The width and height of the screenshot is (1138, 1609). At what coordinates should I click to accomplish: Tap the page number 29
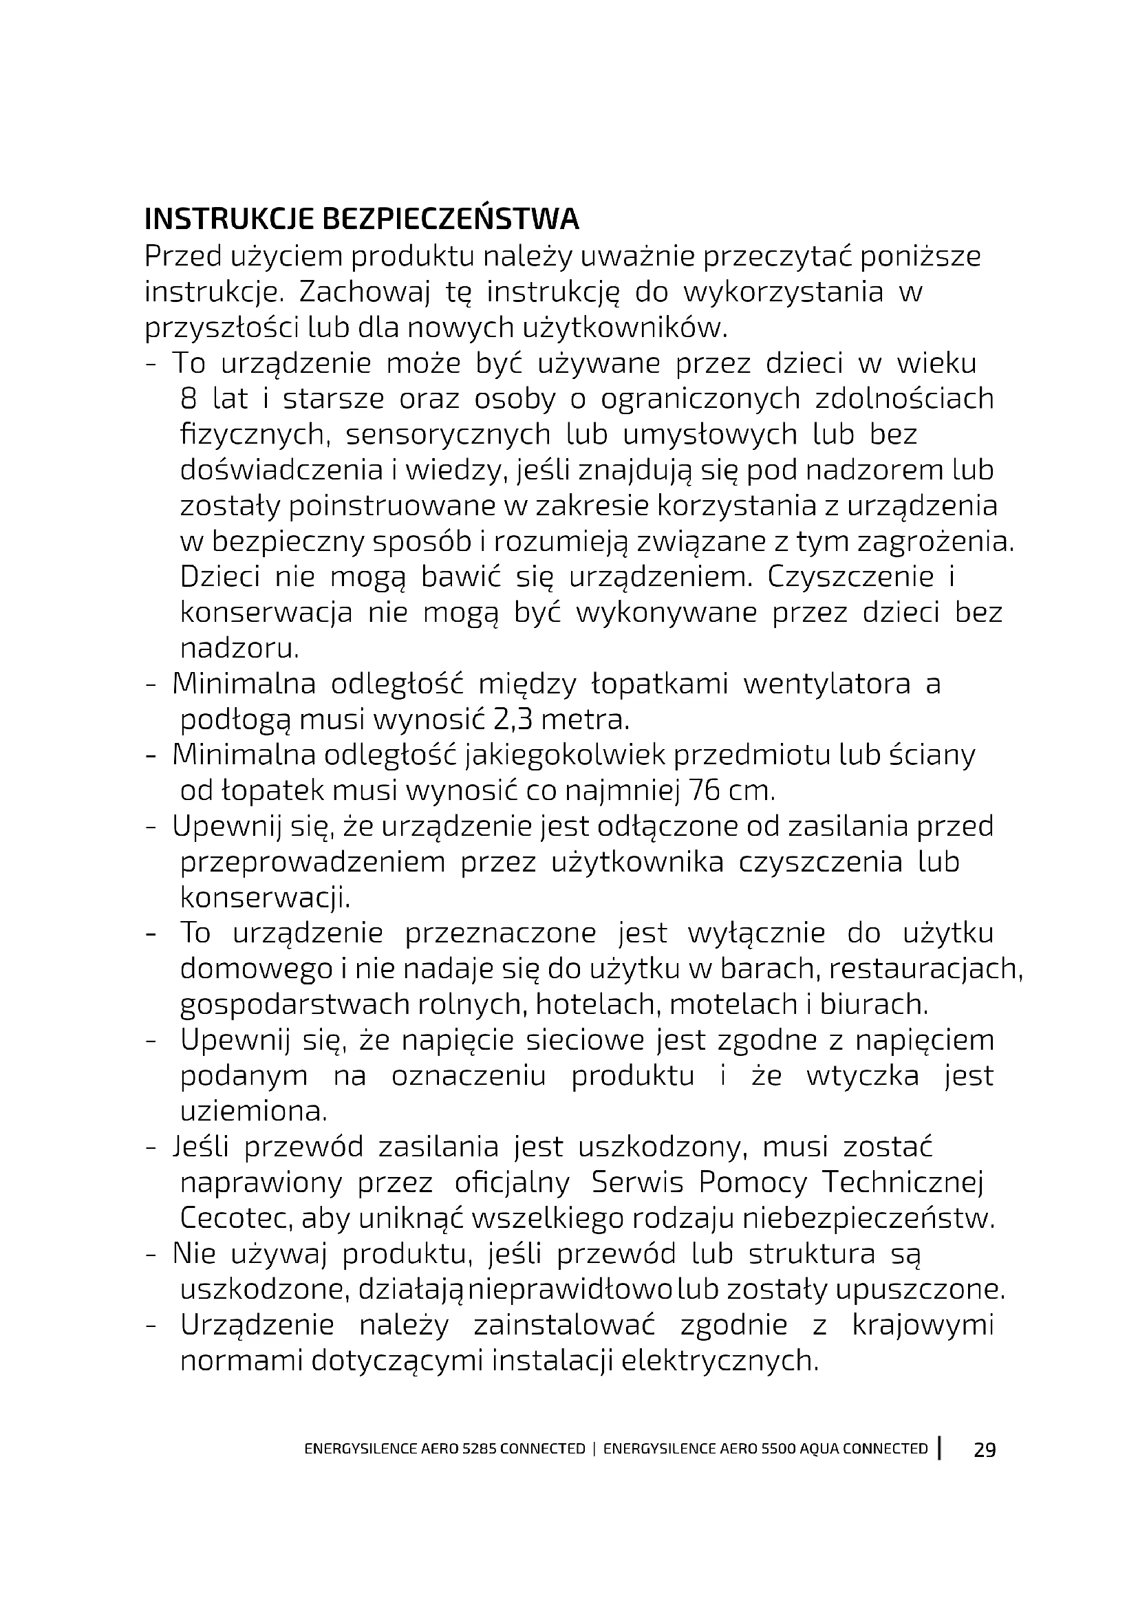click(985, 1449)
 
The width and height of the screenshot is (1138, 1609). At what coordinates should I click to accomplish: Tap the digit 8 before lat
click(189, 399)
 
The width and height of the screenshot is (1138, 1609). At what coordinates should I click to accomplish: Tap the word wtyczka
click(862, 1076)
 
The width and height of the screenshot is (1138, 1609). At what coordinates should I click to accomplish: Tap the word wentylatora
click(827, 683)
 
